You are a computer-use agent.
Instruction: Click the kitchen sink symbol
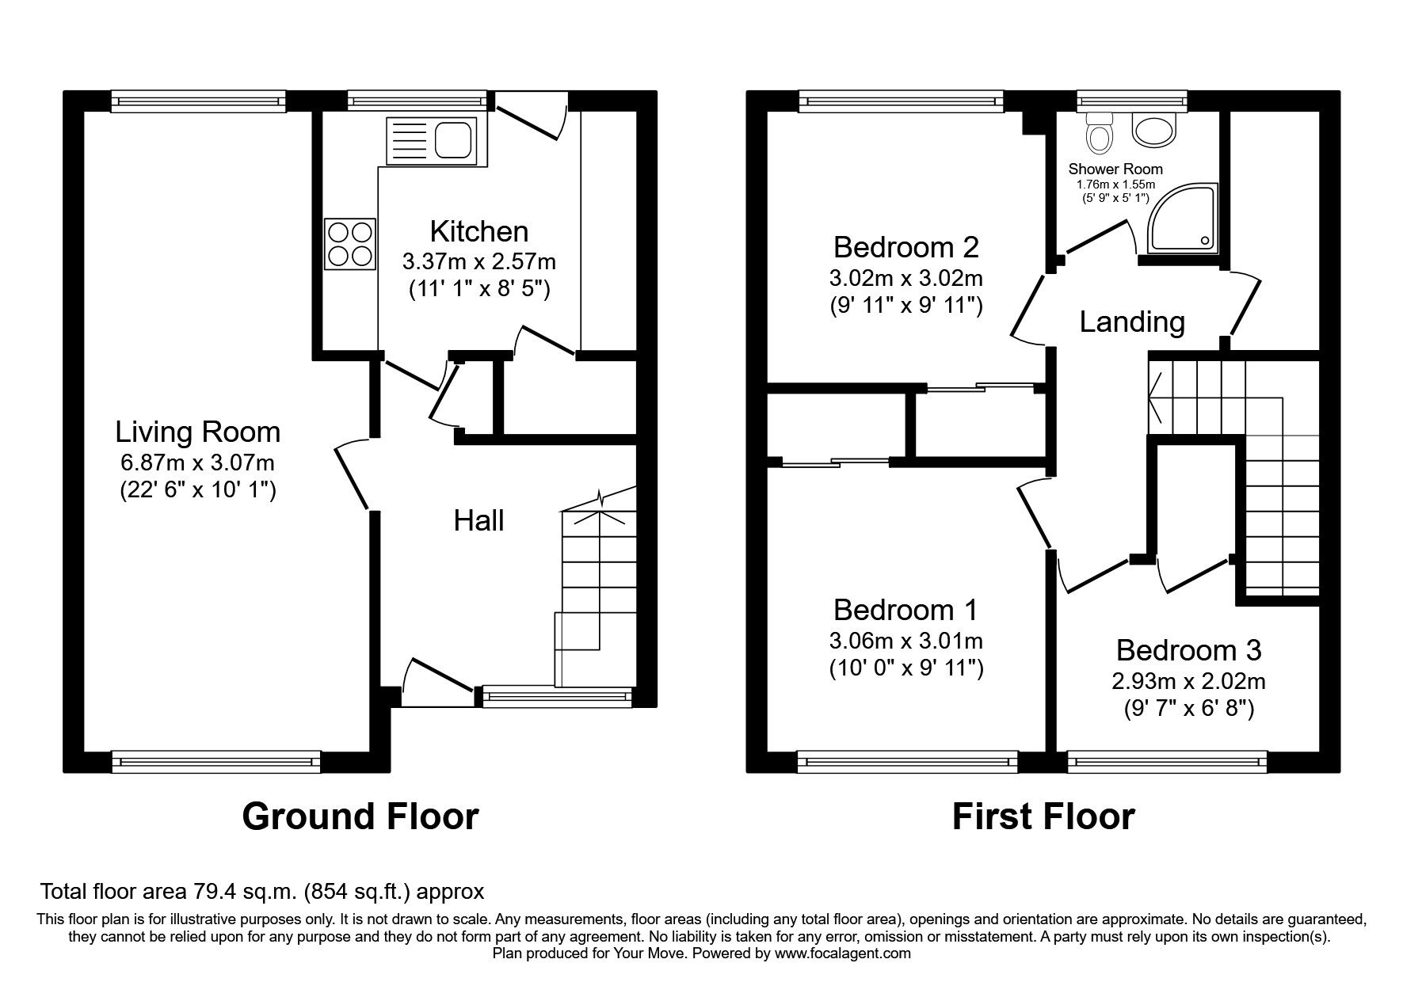coord(430,141)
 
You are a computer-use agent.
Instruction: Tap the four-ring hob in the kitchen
coord(349,244)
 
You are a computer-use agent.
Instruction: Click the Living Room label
coord(197,432)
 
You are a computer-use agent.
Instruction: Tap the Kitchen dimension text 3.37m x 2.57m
coord(478,261)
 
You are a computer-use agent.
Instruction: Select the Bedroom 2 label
coord(905,247)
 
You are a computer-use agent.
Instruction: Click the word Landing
coord(1132,322)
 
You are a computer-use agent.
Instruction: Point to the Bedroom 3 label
coord(1188,650)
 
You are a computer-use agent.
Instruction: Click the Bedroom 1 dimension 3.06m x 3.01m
coord(905,640)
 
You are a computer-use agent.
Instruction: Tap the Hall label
coord(478,520)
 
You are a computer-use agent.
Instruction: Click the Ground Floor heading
coord(360,816)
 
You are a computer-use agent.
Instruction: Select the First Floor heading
coord(1043,816)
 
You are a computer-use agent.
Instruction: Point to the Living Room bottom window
coord(216,762)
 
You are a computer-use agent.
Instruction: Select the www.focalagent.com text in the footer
coord(842,953)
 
